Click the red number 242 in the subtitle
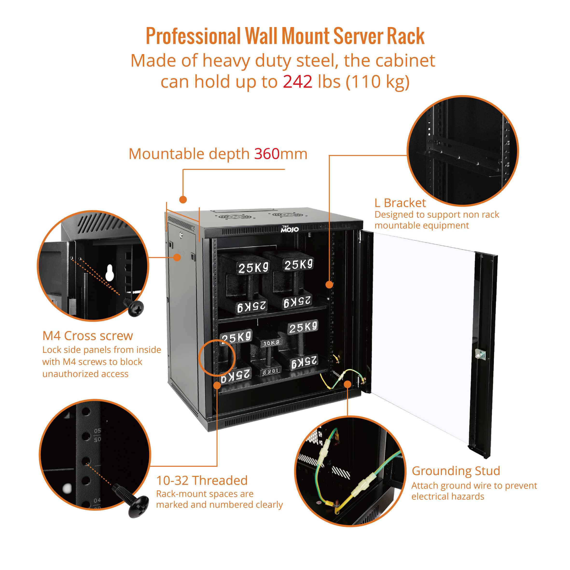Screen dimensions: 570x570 point(297,82)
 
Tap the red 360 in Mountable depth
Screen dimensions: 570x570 point(267,154)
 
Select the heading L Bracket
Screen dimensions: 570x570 point(400,203)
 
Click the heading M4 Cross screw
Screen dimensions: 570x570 point(88,336)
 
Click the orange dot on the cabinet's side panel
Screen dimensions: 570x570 point(177,257)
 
